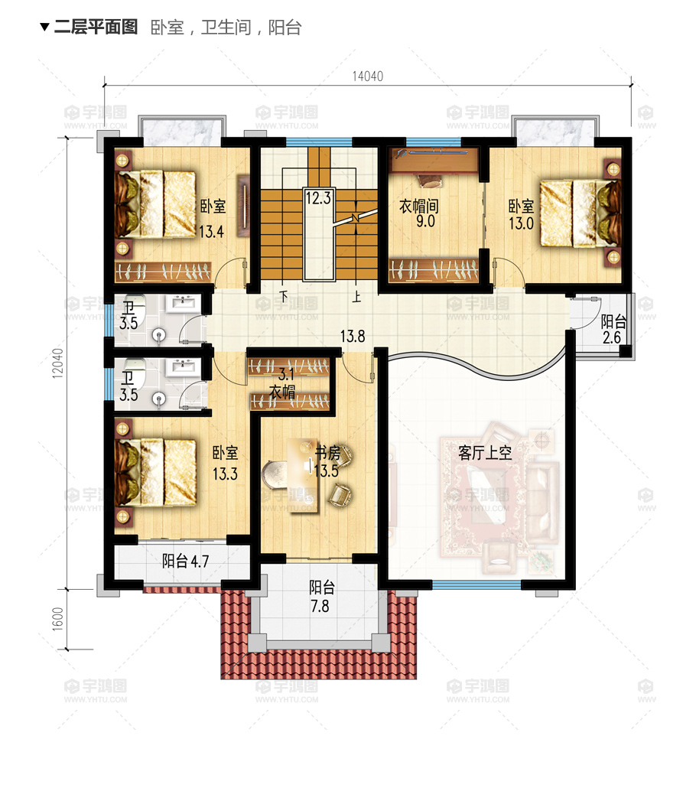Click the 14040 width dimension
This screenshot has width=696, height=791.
coord(368,76)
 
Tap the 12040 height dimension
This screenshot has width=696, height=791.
coord(58,363)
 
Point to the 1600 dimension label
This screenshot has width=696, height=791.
coord(58,618)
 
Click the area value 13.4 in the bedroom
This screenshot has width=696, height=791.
coord(211,232)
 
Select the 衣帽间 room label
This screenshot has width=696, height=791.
coord(418,206)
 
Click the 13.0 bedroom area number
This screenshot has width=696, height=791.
coord(521,223)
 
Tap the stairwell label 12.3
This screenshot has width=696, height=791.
coord(318,197)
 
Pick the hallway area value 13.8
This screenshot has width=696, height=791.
coord(353,336)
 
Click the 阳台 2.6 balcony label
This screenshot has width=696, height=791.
coord(613,330)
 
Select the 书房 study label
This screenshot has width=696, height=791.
coord(328,453)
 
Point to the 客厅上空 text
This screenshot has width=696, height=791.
coord(485,453)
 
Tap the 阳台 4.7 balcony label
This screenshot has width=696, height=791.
coord(185,561)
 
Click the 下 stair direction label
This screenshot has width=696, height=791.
coord(284,295)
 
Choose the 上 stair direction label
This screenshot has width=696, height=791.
coord(356,296)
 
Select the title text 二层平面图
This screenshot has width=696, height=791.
coord(96,27)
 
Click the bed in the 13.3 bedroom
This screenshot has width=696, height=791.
coord(155,472)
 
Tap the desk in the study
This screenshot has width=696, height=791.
coord(303,475)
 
